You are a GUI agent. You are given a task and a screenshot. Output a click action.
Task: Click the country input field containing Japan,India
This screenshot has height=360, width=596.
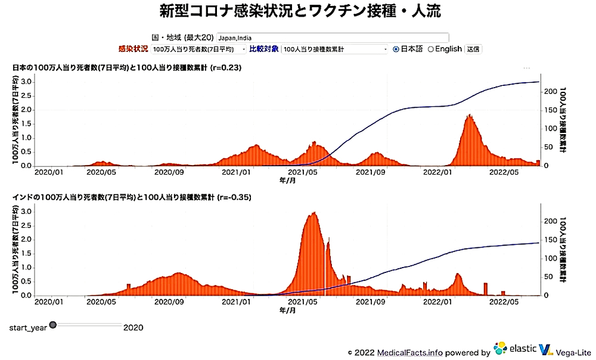point(333,38)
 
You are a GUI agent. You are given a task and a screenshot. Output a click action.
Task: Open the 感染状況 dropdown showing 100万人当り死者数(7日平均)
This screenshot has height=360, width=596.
point(198,49)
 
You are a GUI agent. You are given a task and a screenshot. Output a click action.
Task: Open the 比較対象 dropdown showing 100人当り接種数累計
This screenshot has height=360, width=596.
point(336,49)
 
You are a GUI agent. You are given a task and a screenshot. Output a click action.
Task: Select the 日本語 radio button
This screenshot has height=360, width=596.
point(396,49)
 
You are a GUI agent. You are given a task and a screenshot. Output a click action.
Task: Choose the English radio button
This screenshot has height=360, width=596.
point(430,49)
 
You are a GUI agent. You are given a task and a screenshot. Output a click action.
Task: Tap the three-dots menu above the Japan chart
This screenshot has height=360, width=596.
point(527,69)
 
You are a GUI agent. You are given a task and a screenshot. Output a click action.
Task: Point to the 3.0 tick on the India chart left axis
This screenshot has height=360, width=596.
point(26,211)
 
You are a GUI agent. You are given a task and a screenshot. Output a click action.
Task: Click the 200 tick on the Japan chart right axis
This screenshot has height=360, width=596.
point(551,92)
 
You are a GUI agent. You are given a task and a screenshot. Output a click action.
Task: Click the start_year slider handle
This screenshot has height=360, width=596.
point(52,325)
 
